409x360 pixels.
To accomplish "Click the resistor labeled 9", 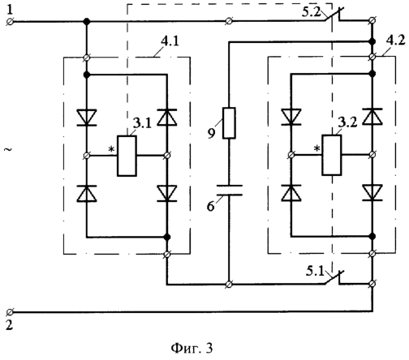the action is click(229, 123).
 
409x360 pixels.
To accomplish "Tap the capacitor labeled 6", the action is click(230, 190).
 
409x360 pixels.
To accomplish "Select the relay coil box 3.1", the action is click(127, 156).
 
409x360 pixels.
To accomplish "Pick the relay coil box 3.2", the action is click(331, 155).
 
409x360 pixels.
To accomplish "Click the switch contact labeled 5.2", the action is click(334, 15).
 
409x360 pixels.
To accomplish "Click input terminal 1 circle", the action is click(10, 21).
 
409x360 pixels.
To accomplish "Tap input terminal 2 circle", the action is click(10, 312).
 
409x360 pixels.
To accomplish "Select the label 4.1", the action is click(170, 41).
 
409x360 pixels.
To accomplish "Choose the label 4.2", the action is click(396, 41).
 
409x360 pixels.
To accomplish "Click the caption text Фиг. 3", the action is click(192, 348).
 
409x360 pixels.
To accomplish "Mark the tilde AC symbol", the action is click(9, 149).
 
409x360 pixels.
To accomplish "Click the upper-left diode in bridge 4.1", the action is click(87, 118).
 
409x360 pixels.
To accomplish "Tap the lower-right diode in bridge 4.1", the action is click(167, 194).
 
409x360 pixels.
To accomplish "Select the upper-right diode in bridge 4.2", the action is click(372, 116).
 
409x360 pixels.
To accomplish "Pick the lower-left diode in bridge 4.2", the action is click(291, 193).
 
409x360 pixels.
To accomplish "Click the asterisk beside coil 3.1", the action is click(112, 149).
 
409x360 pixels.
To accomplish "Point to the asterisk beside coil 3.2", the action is click(316, 148).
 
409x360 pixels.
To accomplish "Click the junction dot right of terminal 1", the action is click(87, 21).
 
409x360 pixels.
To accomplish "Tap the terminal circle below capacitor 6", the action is click(229, 285).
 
